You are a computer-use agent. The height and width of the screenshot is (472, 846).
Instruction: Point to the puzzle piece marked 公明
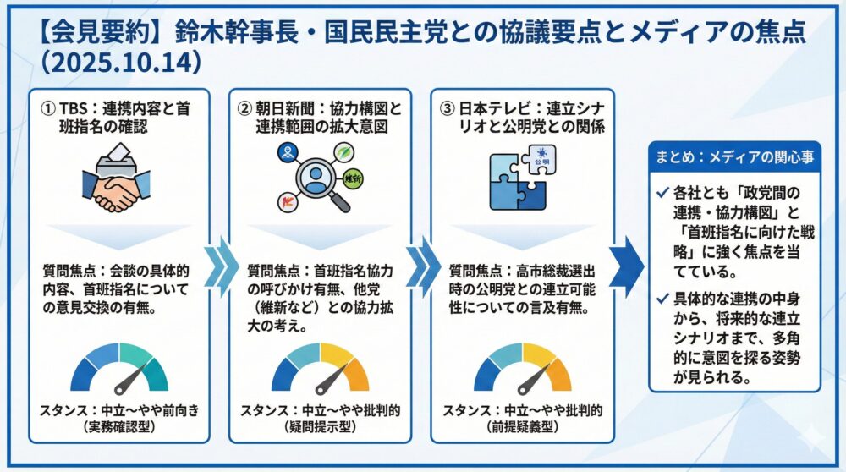point(539,157)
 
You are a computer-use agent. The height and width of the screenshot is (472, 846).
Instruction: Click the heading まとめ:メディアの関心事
point(733,156)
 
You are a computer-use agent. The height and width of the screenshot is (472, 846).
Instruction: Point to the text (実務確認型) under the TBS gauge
point(118,427)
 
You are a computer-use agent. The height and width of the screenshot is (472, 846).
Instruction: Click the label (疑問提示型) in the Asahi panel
point(320,427)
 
